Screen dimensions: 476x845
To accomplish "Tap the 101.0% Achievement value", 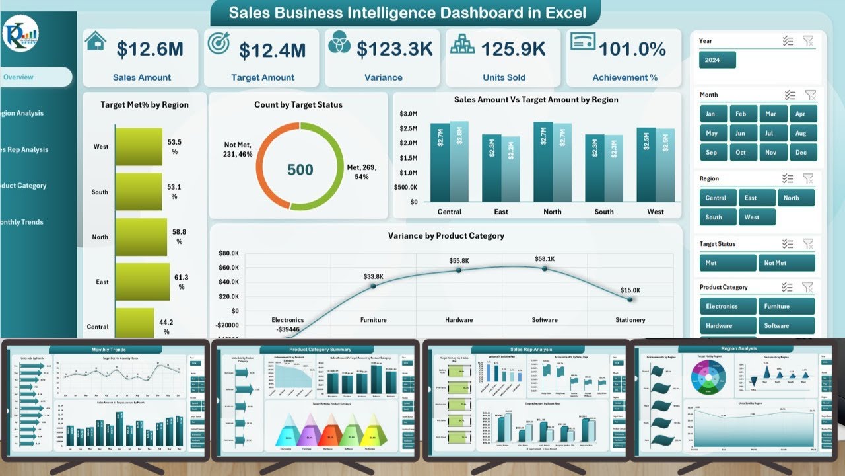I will point(632,49).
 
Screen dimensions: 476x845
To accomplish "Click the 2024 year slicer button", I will point(717,60).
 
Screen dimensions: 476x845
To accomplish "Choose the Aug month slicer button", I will point(801,133).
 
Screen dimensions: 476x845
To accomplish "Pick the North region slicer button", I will point(795,198).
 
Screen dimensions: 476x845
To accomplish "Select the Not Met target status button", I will point(787,263).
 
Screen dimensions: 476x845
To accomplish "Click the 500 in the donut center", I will point(300,170).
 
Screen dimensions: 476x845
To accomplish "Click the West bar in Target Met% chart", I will point(138,146).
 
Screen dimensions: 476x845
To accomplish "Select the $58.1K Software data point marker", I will point(545,268).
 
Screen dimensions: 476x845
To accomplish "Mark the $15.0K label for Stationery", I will point(630,290).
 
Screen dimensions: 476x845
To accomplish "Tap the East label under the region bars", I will point(501,212).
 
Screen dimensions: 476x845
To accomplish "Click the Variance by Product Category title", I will point(446,236).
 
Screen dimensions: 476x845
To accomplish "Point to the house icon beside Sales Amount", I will point(96,41).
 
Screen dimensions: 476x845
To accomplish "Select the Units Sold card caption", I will point(504,77).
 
